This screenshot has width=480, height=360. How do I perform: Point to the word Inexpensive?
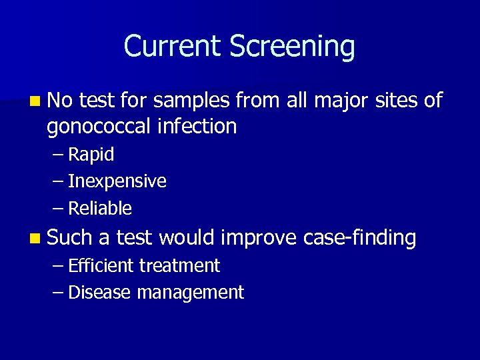(117, 181)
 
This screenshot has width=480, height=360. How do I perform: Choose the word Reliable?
(100, 209)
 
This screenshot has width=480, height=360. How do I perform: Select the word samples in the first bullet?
(191, 101)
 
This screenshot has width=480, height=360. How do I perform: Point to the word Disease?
(100, 292)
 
